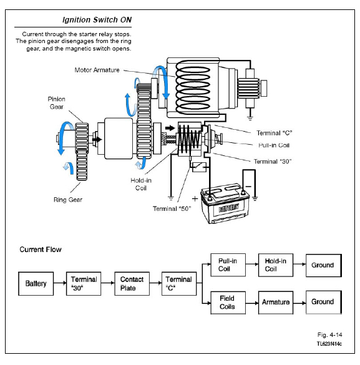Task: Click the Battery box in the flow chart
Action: pos(36,283)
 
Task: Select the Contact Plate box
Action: pos(132,283)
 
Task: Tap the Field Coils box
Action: pos(228,303)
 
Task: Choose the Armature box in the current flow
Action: pos(276,303)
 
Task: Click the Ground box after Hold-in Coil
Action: pos(324,265)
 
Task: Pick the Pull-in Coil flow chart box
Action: pos(228,265)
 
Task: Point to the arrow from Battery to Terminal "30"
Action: pos(60,283)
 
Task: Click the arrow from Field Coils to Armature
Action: pos(252,303)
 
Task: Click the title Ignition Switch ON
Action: pos(97,20)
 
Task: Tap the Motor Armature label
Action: pos(97,70)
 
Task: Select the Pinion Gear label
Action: pos(57,103)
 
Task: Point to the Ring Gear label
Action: pos(68,200)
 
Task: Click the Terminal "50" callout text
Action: pos(172,208)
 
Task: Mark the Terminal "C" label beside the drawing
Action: pos(274,133)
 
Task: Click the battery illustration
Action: pos(225,203)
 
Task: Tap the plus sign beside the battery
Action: pos(195,198)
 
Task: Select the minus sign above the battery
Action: pos(248,187)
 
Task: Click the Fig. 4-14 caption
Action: pos(330,334)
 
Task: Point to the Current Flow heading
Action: pos(41,250)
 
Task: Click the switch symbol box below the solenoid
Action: pos(200,167)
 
